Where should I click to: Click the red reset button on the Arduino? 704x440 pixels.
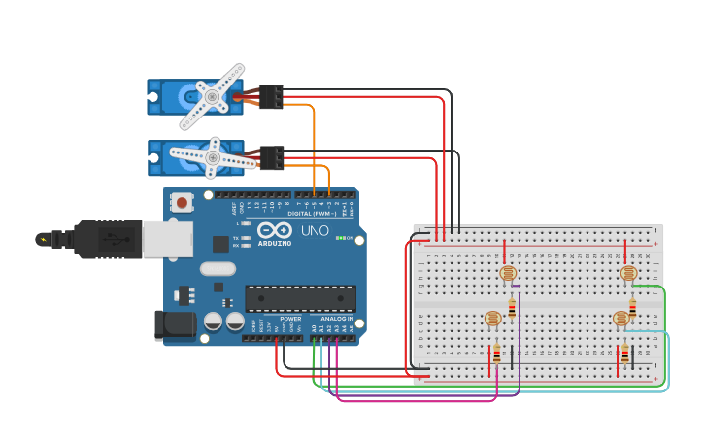182,203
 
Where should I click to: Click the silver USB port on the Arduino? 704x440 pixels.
167,238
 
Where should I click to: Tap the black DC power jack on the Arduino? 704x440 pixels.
172,324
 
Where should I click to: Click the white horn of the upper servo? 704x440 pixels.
212,96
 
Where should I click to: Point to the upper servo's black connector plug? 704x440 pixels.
271,96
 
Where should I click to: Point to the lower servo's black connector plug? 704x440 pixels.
272,157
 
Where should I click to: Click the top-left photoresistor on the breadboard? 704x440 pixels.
507,273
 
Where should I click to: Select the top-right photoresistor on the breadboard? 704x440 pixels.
628,273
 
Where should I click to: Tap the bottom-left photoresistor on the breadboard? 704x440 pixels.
492,318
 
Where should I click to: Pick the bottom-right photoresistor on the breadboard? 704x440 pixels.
620,318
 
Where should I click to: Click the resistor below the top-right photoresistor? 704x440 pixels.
633,308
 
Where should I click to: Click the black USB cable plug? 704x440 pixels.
97,238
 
